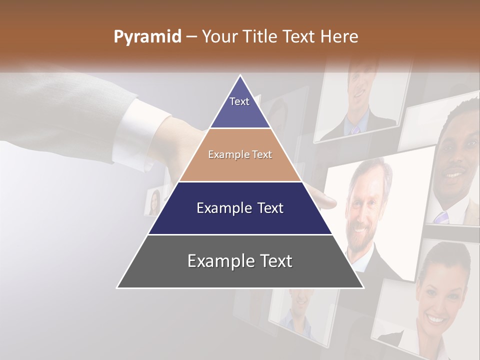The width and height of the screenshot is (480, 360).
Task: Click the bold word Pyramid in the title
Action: click(147, 37)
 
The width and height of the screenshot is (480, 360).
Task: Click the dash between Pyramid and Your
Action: click(190, 37)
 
